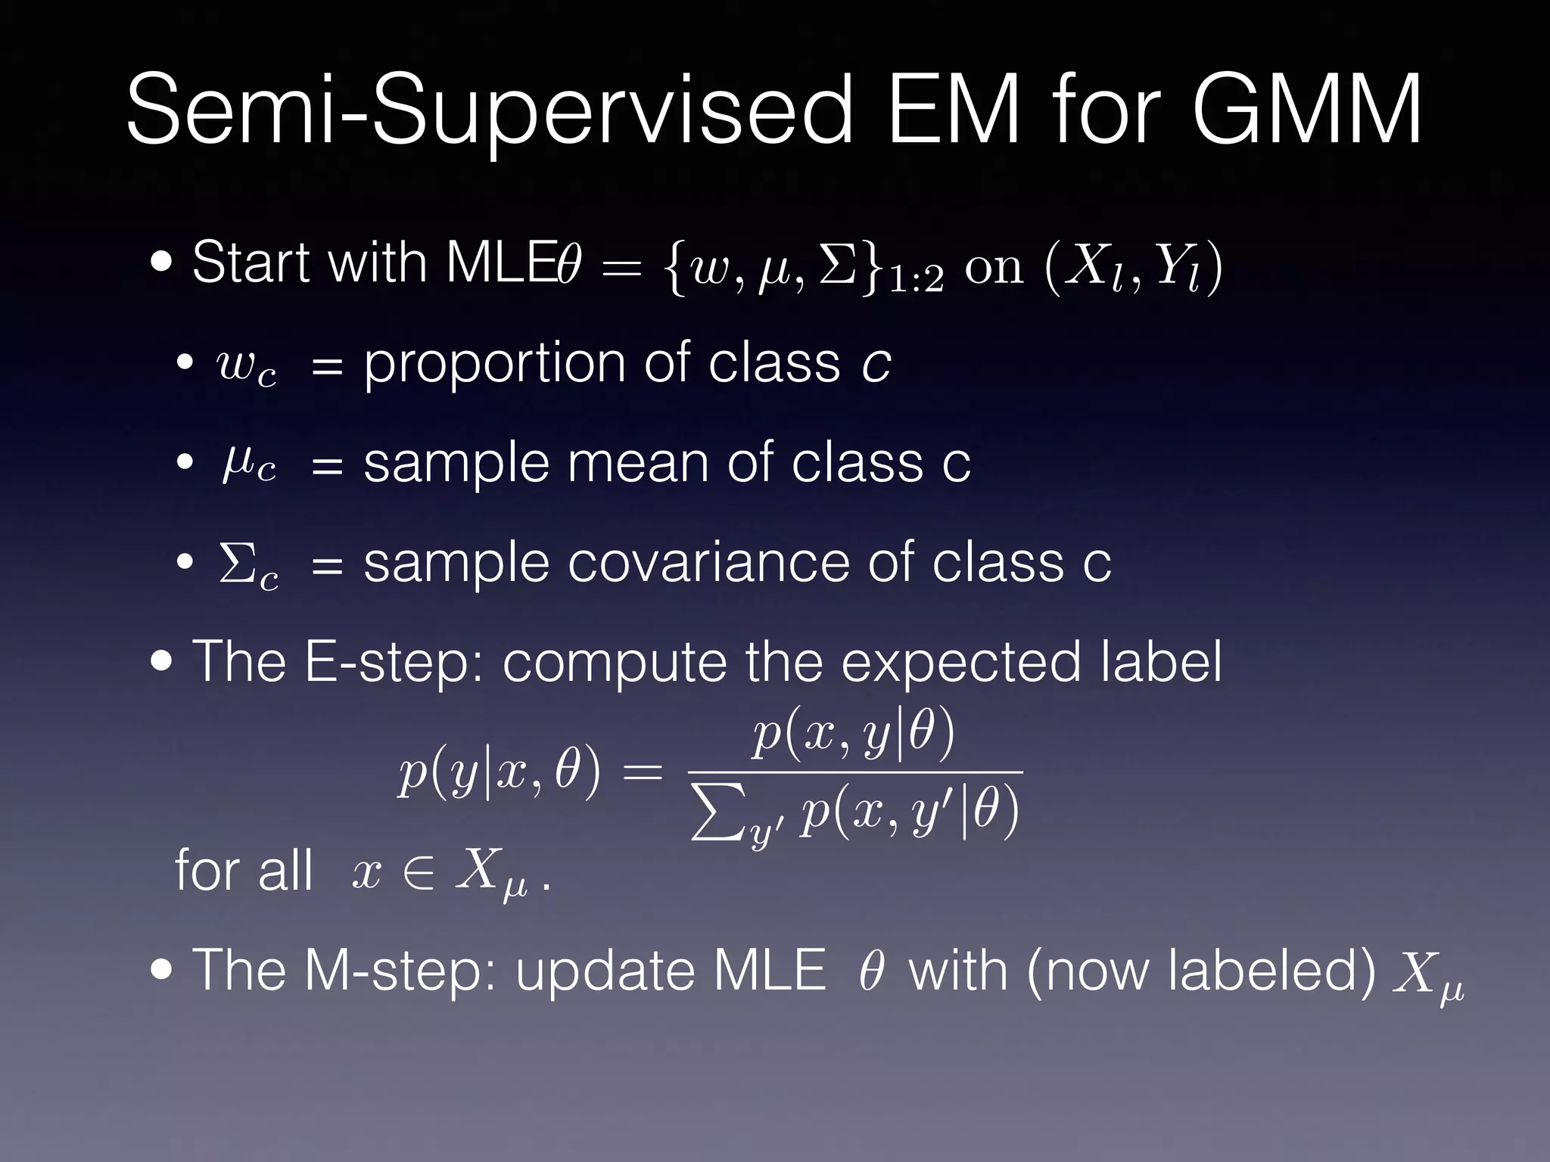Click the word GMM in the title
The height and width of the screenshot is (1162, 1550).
1306,110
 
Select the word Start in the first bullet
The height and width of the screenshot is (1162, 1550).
251,263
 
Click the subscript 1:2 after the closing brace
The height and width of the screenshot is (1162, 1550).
917,281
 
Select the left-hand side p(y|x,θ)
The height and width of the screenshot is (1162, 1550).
500,773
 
